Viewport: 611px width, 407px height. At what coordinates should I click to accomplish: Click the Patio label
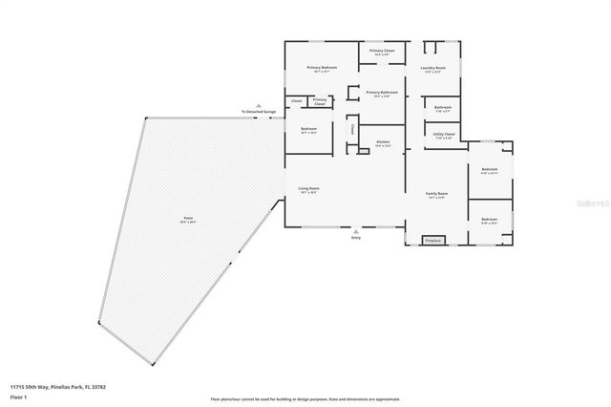coord(175,219)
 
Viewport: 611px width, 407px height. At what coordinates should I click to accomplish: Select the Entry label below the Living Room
coord(356,239)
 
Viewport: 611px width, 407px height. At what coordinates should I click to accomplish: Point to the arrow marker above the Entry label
coord(356,232)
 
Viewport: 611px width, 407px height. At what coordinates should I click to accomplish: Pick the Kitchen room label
coord(383,141)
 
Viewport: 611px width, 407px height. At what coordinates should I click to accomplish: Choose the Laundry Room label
coord(434,68)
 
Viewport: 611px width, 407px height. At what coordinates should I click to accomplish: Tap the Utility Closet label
coord(444,135)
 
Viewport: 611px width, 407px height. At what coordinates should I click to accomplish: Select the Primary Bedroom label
coord(322,68)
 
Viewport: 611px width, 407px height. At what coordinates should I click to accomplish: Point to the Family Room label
coord(436,193)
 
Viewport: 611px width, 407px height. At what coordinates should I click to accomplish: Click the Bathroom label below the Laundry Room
coord(442,107)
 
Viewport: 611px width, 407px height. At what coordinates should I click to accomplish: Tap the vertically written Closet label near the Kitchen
coord(351,128)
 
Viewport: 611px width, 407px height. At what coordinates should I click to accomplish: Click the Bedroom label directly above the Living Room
coord(308,129)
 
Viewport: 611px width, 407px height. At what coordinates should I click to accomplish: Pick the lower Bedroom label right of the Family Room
coord(489,220)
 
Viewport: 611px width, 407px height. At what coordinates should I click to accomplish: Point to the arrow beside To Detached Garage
coord(256,105)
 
